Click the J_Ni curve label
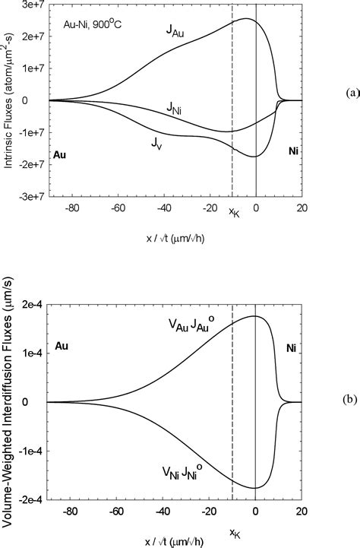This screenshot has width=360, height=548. tap(175, 110)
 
